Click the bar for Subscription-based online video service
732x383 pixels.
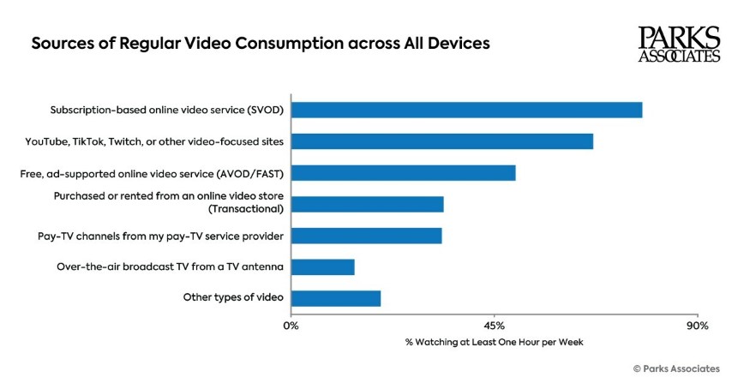[466, 110]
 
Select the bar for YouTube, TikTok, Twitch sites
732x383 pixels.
[442, 141]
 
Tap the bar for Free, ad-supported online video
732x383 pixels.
[403, 173]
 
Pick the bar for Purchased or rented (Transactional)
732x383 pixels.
[367, 204]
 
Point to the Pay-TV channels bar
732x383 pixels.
[366, 236]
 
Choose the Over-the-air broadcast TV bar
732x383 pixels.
[322, 266]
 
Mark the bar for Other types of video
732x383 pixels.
[335, 298]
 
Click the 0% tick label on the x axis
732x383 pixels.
[291, 326]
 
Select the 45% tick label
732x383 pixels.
[494, 326]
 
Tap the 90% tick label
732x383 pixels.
[697, 326]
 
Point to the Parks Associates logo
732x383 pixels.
[679, 44]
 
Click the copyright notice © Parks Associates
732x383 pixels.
[676, 368]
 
